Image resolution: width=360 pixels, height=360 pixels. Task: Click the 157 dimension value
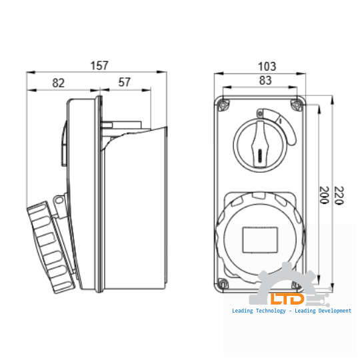click(98, 65)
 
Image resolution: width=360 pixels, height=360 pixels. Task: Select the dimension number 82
click(59, 83)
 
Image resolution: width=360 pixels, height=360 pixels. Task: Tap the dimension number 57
click(124, 83)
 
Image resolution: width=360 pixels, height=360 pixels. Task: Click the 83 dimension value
click(265, 81)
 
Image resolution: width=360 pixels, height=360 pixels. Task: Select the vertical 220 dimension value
click(339, 195)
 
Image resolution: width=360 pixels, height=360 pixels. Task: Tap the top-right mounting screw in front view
click(297, 103)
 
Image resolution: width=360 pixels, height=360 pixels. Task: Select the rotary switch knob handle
click(259, 144)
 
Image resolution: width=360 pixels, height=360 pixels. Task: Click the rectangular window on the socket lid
click(260, 239)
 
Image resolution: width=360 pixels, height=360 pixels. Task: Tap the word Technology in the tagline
click(271, 311)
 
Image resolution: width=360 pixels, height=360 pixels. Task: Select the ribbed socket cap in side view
click(50, 247)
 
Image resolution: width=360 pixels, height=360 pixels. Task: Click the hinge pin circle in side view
click(59, 199)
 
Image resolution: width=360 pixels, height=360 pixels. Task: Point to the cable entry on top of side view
click(123, 125)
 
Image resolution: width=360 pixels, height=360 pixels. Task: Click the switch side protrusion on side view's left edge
click(65, 143)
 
